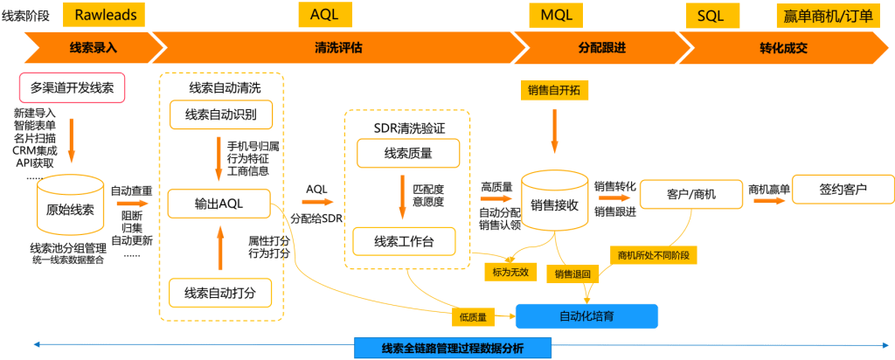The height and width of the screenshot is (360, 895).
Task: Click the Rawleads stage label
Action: coord(105,14)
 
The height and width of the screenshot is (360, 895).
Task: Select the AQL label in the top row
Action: coord(330,14)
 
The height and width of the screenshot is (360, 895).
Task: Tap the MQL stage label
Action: coord(557,14)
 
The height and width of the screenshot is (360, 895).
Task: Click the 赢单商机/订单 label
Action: coord(836,15)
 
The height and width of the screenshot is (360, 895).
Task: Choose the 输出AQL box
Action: coord(219,204)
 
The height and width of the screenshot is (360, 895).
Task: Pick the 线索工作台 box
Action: coord(403,241)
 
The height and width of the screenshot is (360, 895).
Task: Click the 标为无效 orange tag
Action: coord(510,272)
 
